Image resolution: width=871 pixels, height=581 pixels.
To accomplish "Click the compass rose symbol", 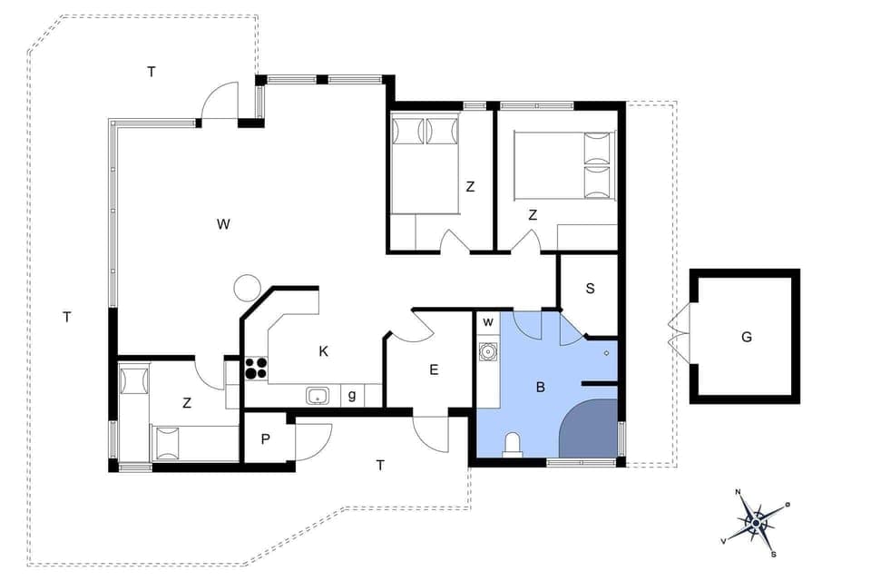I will tap(755, 522).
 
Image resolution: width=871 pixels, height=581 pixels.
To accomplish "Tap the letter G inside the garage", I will tap(747, 337).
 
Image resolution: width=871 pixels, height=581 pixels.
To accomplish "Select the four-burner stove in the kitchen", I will tap(256, 368).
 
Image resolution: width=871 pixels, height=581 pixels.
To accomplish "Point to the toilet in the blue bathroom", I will tap(513, 444).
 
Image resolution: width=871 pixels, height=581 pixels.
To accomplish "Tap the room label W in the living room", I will tap(223, 224).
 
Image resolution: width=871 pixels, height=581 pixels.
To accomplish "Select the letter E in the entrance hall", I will tap(434, 369).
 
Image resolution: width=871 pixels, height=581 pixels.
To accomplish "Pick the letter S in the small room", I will tap(590, 289).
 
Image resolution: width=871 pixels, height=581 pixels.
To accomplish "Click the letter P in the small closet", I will tap(266, 439).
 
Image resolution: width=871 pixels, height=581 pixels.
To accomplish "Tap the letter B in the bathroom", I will tap(540, 387).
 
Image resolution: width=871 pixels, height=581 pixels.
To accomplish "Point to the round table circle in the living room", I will tap(247, 288).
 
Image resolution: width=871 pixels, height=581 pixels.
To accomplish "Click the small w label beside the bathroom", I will tap(487, 321).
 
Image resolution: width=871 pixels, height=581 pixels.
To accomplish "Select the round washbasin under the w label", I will tap(488, 350).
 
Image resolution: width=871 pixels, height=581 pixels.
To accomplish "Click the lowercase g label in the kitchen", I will tap(352, 395).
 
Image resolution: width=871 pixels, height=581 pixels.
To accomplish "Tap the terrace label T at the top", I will tap(152, 72).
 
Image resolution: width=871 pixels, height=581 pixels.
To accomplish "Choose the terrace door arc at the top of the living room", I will tap(219, 101).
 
